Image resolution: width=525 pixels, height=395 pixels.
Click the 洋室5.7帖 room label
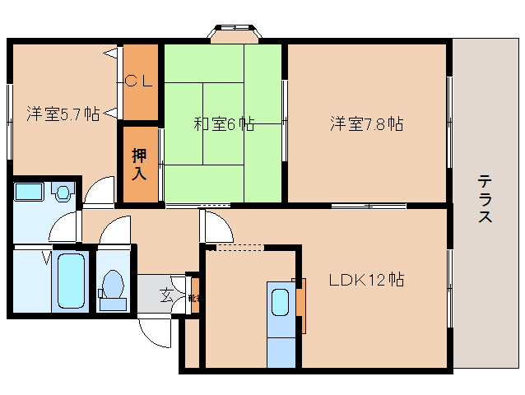point(62,114)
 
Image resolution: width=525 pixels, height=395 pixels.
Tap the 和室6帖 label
point(223,124)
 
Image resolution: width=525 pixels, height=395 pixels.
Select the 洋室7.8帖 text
point(366,124)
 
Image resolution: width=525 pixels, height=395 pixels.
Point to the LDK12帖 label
point(366,279)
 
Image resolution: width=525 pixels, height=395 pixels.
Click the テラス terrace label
point(486,198)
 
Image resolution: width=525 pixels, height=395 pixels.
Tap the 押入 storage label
point(139,163)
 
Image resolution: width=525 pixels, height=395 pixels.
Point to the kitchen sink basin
point(280,304)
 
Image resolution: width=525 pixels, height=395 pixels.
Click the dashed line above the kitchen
point(239,246)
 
